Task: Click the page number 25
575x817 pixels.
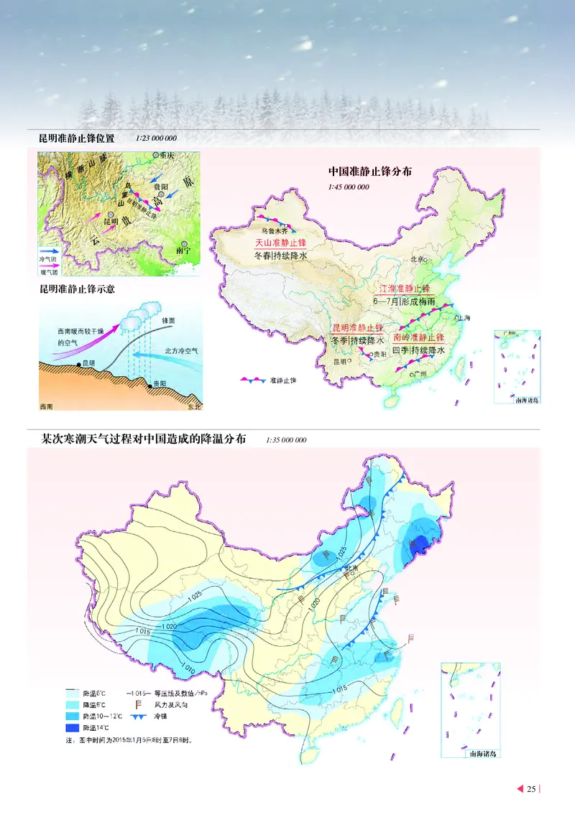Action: coord(531,789)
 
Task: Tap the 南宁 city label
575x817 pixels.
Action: coord(185,251)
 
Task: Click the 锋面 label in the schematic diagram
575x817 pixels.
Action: coord(169,319)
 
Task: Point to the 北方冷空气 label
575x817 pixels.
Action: coord(174,350)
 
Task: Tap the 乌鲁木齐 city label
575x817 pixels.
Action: coord(273,231)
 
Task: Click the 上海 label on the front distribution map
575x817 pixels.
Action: coord(464,317)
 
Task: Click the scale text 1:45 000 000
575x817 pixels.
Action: coord(349,187)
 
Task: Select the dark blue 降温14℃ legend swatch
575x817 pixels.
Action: coord(73,728)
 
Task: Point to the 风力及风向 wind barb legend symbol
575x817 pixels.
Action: coord(132,704)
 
